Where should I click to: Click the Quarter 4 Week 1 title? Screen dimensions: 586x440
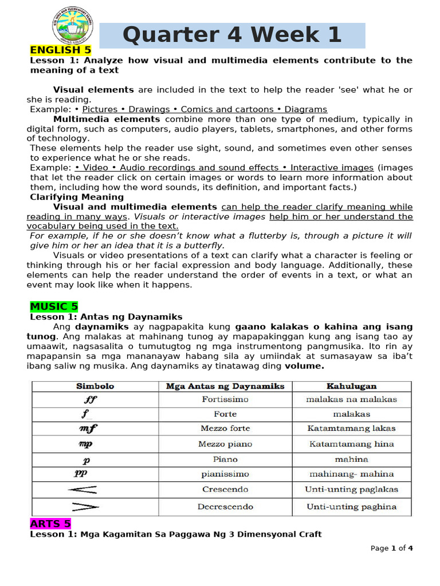coord(232,35)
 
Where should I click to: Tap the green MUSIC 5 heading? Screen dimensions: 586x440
coord(54,306)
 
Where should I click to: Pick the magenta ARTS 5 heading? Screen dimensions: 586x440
coord(50,524)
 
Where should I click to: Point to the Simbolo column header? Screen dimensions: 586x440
coord(95,386)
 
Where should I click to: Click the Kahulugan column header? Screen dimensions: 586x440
coord(351,386)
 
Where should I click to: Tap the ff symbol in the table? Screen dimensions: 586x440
coord(91,400)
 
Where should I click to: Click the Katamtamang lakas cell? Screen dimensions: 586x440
coord(351,428)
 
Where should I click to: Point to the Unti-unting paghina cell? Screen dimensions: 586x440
coord(351,506)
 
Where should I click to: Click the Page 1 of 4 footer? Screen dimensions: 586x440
coord(392,548)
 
